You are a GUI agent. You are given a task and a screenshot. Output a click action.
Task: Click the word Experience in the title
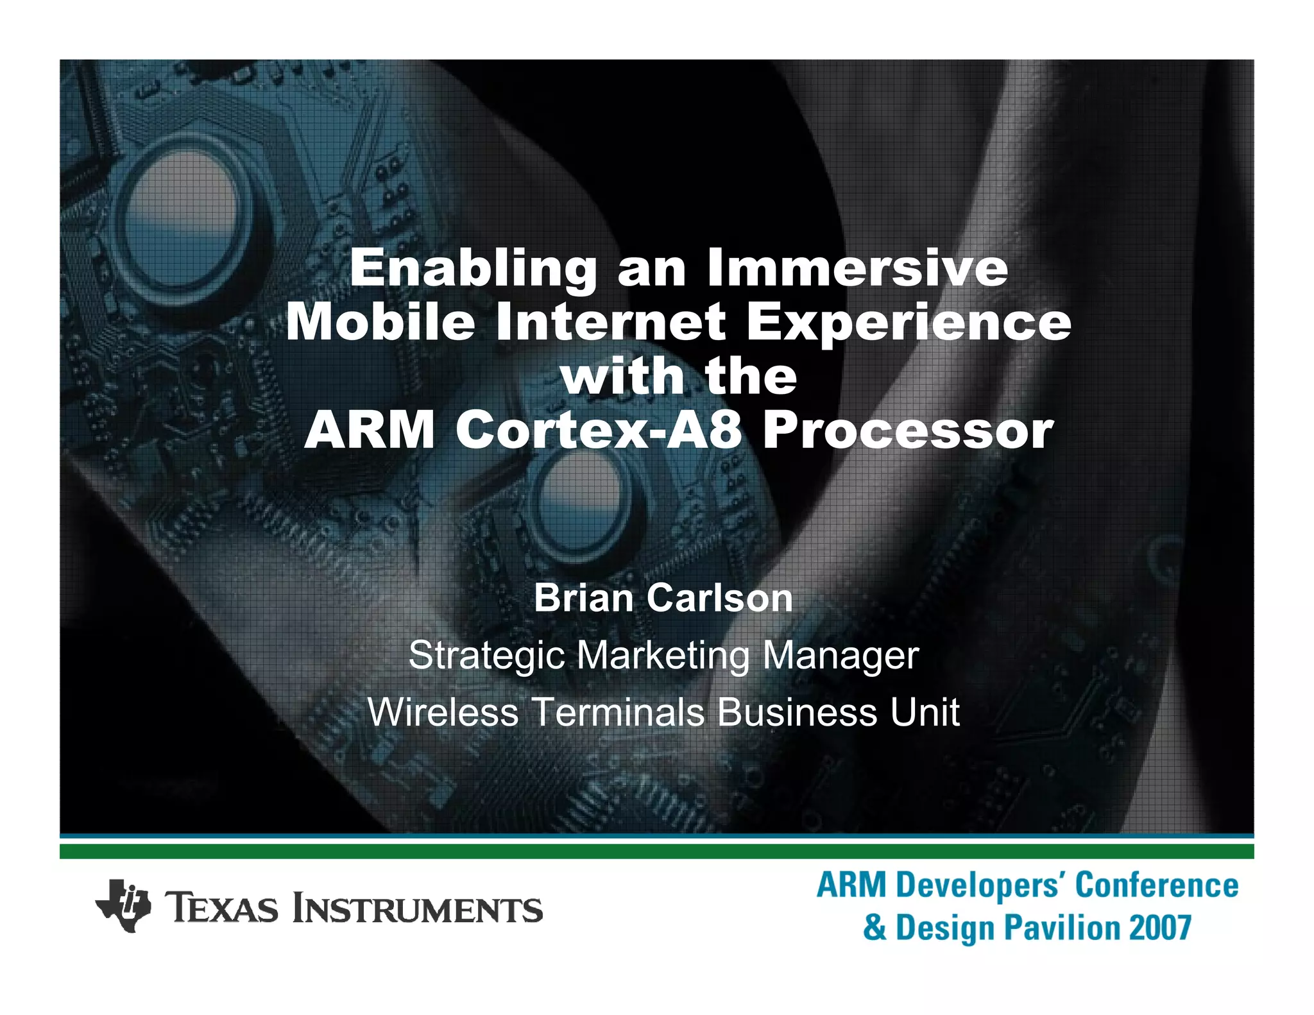(909, 323)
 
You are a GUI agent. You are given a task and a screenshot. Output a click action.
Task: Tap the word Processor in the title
(908, 431)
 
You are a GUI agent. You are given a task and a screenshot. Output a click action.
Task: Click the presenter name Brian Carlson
(663, 598)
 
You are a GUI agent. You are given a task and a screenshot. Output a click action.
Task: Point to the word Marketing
(662, 656)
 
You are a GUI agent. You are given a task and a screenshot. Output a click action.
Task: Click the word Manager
(840, 656)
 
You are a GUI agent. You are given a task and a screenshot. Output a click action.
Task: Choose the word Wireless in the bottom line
(443, 712)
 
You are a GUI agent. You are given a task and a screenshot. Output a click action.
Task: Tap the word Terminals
(619, 712)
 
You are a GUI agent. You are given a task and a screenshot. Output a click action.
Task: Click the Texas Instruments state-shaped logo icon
(123, 905)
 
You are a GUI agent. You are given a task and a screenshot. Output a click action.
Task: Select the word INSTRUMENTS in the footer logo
(418, 910)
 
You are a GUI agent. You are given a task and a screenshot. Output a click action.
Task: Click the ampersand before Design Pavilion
(875, 928)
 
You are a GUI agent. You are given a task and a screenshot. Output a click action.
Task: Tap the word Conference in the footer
(1157, 885)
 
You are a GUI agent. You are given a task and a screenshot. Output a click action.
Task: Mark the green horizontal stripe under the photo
(656, 851)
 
